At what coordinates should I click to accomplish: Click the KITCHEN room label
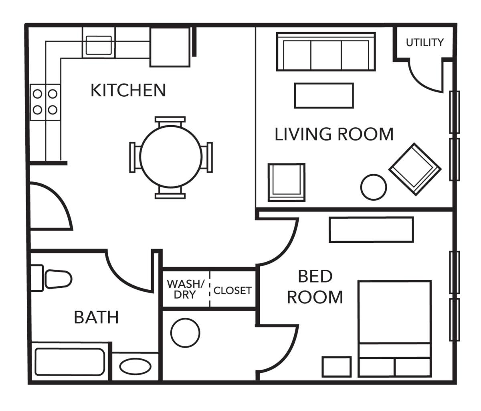coord(128,90)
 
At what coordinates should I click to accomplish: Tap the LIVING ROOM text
coord(333,134)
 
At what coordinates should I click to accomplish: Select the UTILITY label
coord(425,42)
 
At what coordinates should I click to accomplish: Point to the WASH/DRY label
coord(186,289)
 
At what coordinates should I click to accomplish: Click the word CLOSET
coord(232,290)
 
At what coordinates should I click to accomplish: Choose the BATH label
coord(97,317)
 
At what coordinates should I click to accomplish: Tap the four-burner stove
coord(45,102)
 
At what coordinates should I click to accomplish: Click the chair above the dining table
coord(170,121)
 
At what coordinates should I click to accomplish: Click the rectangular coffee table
coord(324,96)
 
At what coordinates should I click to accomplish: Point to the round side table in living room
coord(373,187)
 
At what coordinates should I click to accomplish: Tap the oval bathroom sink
coord(136,366)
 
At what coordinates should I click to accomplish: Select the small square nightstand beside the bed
coord(337,366)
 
